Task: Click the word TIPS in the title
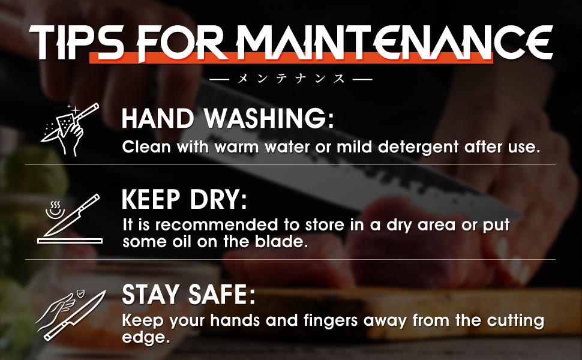click(76, 43)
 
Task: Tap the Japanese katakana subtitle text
click(291, 79)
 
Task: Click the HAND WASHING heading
click(227, 118)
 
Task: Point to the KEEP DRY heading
click(184, 199)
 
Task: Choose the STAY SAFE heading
click(188, 295)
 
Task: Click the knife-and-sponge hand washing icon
click(70, 129)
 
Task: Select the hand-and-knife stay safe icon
click(71, 316)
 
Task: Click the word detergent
click(418, 148)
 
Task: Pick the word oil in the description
click(182, 242)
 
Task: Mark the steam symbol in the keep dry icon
click(55, 210)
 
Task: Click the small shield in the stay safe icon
click(80, 295)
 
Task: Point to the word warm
click(236, 148)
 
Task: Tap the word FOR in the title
click(182, 43)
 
